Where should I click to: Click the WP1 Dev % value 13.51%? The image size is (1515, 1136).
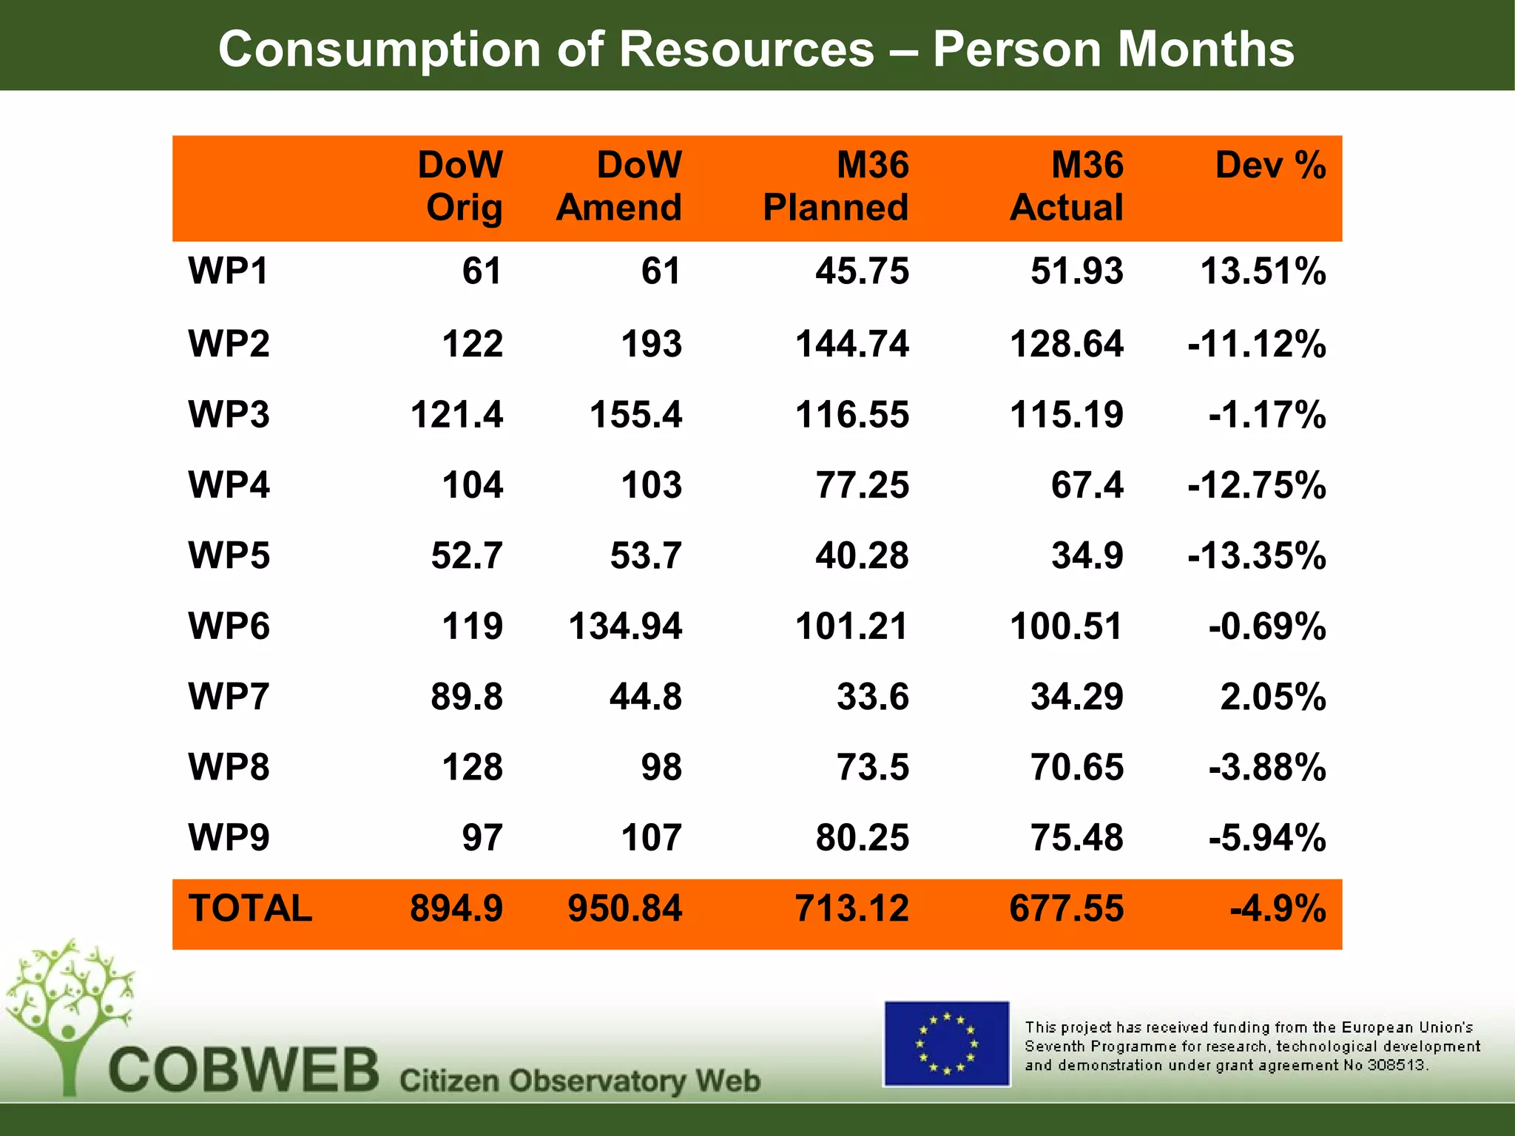(x=1262, y=271)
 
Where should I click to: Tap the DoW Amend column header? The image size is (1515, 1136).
(x=619, y=186)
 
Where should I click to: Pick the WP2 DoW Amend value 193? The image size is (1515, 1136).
(x=651, y=344)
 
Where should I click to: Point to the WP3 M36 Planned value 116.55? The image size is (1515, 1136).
(x=851, y=414)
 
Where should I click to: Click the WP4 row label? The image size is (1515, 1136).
(x=229, y=485)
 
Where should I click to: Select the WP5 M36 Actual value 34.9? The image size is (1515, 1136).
(x=1087, y=555)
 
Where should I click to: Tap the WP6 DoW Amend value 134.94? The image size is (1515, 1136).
(x=625, y=626)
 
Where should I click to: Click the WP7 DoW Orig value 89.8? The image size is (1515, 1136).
(x=467, y=697)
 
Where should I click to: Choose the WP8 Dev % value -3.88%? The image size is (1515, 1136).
(x=1266, y=767)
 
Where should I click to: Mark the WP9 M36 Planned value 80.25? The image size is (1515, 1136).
(x=862, y=838)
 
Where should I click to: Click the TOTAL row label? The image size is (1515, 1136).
(x=250, y=908)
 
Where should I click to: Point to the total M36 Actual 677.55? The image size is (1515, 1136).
(x=1066, y=908)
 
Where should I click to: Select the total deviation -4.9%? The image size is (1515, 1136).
(x=1278, y=908)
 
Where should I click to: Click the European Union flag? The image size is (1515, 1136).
(x=946, y=1044)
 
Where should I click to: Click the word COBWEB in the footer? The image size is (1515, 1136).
(x=244, y=1070)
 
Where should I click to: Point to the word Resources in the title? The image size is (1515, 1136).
(x=747, y=50)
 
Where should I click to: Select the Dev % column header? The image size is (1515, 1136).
(x=1270, y=165)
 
